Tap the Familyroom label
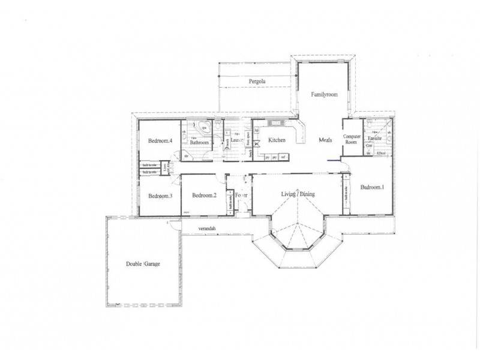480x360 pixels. click(x=325, y=95)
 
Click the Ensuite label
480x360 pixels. click(x=376, y=139)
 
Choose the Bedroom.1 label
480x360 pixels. click(x=373, y=187)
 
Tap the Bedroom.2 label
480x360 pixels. click(x=204, y=195)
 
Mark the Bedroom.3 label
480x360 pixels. click(x=160, y=196)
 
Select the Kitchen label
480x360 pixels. click(x=277, y=140)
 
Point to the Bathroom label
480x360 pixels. click(x=199, y=143)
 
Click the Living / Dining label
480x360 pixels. click(x=299, y=194)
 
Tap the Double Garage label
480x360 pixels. click(x=143, y=263)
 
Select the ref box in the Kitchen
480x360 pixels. click(x=283, y=157)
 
